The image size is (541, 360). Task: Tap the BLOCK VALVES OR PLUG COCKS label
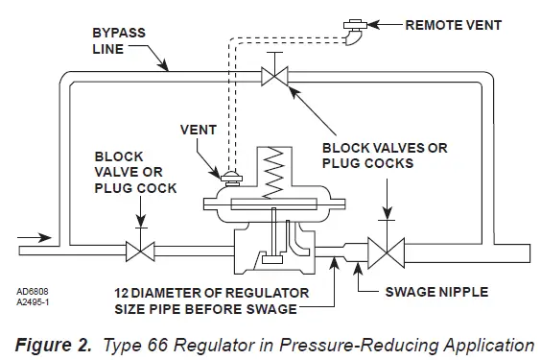[384, 156]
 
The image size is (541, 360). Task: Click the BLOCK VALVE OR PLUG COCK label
[134, 172]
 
